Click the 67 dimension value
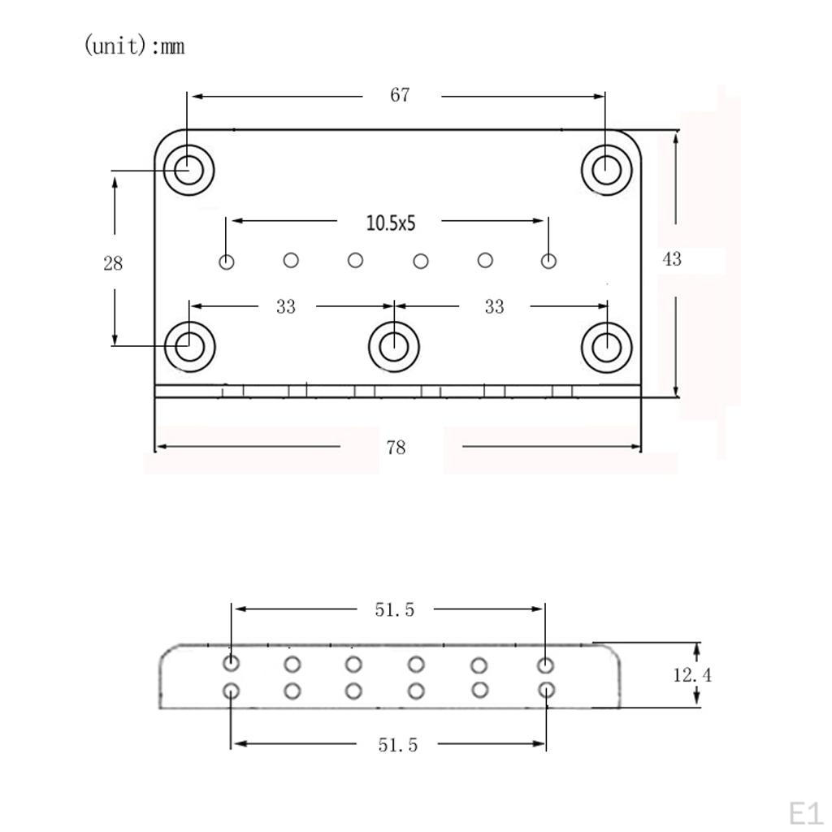[x=400, y=95]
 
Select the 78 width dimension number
[x=396, y=448]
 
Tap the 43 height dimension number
[x=672, y=259]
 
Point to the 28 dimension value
[x=113, y=263]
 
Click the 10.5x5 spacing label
[x=391, y=223]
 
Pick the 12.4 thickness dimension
[x=692, y=675]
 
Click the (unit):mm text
[x=135, y=45]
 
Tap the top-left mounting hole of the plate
[x=188, y=171]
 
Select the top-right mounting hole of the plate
[x=606, y=171]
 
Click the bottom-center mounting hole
[x=394, y=347]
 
